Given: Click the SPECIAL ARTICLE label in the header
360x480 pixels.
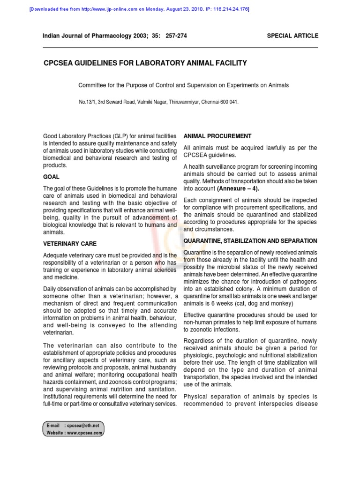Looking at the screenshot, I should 292,36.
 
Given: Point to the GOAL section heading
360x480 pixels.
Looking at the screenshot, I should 51,177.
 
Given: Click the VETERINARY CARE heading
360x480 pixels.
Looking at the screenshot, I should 70,244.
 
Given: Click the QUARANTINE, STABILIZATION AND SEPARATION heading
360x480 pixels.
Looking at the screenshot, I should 250,241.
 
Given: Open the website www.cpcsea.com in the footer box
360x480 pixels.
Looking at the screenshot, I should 84,433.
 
